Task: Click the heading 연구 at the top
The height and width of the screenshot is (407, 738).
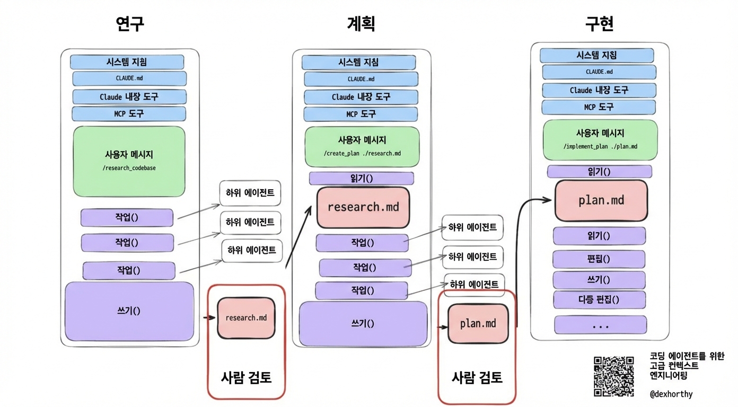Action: click(130, 23)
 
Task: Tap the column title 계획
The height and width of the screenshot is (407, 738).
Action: click(361, 23)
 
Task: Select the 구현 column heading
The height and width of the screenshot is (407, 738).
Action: click(599, 23)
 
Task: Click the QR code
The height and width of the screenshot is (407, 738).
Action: click(613, 376)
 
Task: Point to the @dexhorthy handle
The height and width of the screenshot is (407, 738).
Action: click(671, 394)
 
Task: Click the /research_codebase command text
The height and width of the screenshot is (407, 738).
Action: click(129, 168)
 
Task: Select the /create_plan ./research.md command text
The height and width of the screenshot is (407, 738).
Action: click(362, 154)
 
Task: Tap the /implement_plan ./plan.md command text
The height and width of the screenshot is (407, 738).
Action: click(600, 146)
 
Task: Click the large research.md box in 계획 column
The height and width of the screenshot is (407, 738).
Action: click(363, 207)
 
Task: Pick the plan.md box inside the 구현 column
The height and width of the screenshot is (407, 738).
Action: click(601, 200)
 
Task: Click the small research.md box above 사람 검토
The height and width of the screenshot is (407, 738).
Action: click(246, 318)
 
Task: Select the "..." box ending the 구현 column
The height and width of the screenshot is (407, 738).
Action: click(600, 325)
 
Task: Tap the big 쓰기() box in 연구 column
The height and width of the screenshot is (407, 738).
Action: click(129, 311)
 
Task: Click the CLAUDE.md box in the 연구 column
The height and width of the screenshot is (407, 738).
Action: click(129, 78)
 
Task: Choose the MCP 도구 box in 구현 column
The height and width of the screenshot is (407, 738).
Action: click(599, 107)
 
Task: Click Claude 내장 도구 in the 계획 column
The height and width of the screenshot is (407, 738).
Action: click(361, 97)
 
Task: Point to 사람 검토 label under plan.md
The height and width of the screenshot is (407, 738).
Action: click(477, 378)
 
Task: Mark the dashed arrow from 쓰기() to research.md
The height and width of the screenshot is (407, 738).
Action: click(209, 318)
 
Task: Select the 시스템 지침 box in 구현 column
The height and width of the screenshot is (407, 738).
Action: click(596, 55)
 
